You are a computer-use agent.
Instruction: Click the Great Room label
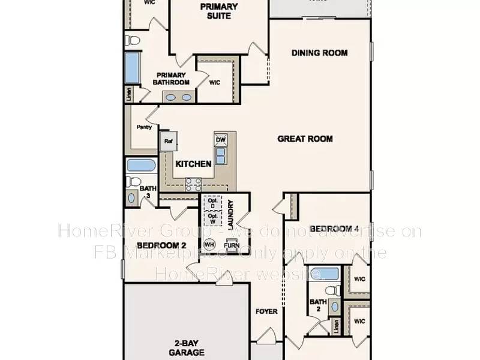305,139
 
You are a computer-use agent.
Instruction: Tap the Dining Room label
319,53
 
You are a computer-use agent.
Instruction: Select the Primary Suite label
219,11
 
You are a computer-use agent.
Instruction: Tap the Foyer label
266,311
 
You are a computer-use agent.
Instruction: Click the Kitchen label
193,164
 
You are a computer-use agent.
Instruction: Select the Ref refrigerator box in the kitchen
167,141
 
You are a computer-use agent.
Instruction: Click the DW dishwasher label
220,140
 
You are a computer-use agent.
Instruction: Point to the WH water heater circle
209,244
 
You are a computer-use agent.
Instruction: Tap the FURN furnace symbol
231,245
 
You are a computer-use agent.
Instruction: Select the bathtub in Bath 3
141,166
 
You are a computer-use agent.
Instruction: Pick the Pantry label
144,127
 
